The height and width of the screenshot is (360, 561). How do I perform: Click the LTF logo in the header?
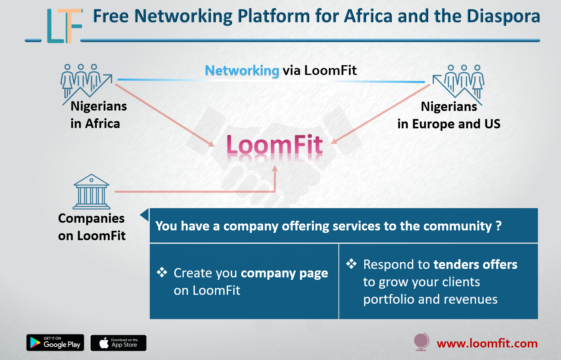pyautogui.click(x=65, y=26)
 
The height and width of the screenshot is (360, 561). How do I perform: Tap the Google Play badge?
pyautogui.click(x=55, y=343)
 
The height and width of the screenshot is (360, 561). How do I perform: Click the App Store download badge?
pyautogui.click(x=118, y=343)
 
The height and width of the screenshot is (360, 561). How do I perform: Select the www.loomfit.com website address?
pyautogui.click(x=487, y=343)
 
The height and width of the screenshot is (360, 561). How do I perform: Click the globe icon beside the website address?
pyautogui.click(x=421, y=341)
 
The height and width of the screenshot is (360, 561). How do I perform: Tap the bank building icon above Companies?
pyautogui.click(x=91, y=192)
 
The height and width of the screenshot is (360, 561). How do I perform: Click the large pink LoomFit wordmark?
pyautogui.click(x=274, y=145)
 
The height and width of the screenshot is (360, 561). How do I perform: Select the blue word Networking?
pyautogui.click(x=242, y=70)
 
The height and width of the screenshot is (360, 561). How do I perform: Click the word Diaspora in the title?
pyautogui.click(x=504, y=16)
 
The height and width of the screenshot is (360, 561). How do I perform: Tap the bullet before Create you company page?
pyautogui.click(x=162, y=272)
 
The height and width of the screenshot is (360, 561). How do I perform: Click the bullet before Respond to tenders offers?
pyautogui.click(x=351, y=264)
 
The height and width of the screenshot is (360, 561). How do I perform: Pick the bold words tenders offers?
pyautogui.click(x=475, y=264)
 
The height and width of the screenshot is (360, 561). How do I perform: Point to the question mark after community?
pyautogui.click(x=499, y=226)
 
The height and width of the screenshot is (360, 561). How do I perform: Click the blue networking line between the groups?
pyautogui.click(x=271, y=81)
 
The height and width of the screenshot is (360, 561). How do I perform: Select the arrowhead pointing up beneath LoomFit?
pyautogui.click(x=275, y=168)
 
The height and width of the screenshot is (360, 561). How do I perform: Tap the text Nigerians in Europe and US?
pyautogui.click(x=449, y=115)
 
